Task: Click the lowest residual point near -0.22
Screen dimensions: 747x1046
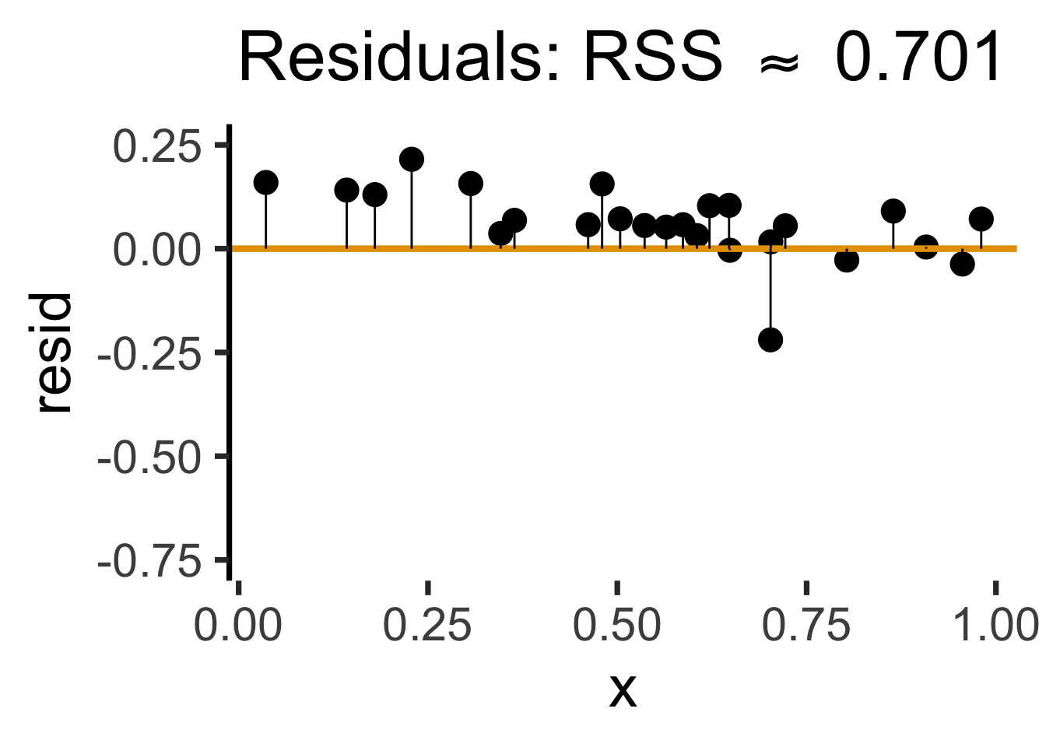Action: [770, 340]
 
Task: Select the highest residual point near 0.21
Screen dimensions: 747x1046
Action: [412, 160]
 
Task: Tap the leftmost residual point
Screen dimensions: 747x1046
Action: [266, 183]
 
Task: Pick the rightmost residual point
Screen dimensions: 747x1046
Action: [981, 219]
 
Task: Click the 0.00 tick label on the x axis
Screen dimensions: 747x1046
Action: [238, 625]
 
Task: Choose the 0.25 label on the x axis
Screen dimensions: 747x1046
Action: [427, 625]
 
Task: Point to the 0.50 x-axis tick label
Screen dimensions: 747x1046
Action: [617, 625]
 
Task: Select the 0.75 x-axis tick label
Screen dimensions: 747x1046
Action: [806, 625]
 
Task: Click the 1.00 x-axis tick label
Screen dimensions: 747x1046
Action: [995, 625]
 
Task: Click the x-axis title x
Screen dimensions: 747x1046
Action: [623, 689]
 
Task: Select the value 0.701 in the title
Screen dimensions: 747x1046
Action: [918, 58]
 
